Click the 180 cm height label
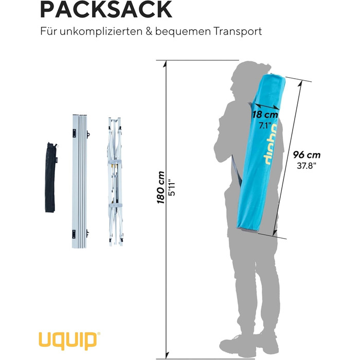coord(161,188)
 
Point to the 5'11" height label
coord(174,188)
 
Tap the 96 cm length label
coord(307,154)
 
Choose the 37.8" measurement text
coord(307,166)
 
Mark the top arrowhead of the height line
coord(167,61)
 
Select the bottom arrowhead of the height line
coord(167,343)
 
